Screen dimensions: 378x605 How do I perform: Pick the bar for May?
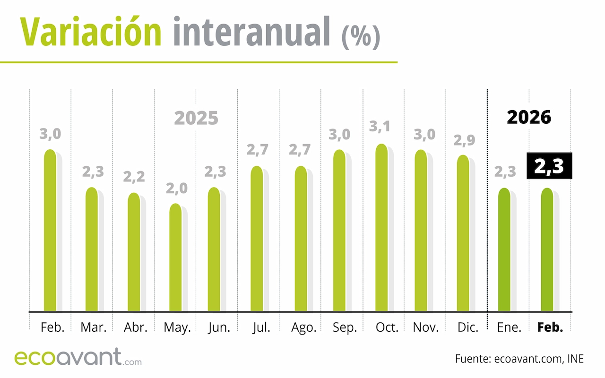[x=175, y=258]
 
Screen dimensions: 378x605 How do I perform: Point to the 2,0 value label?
[x=176, y=189]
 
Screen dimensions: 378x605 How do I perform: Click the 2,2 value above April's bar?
[x=135, y=177]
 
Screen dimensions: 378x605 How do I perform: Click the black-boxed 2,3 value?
[x=549, y=166]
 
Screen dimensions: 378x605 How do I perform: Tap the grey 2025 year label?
[x=196, y=118]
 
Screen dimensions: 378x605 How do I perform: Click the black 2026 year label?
[x=529, y=117]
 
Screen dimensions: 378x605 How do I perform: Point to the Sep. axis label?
[x=345, y=327]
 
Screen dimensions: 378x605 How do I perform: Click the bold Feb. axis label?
[x=551, y=327]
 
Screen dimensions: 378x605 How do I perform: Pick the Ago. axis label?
[x=303, y=327]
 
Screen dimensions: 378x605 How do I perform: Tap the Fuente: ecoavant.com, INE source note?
[x=519, y=359]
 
